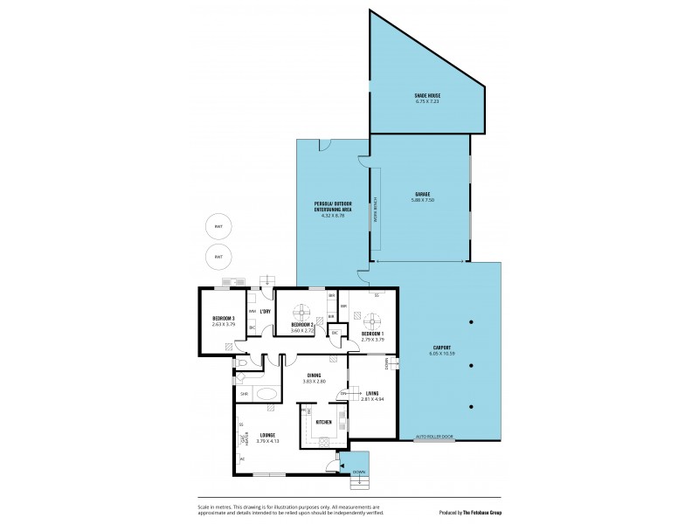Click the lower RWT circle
[x=218, y=257]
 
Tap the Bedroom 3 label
[x=224, y=319]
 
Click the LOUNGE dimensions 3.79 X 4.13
[x=266, y=440]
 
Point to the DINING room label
[x=314, y=376]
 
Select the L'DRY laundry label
[x=264, y=311]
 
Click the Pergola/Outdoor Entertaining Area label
[x=334, y=207]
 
